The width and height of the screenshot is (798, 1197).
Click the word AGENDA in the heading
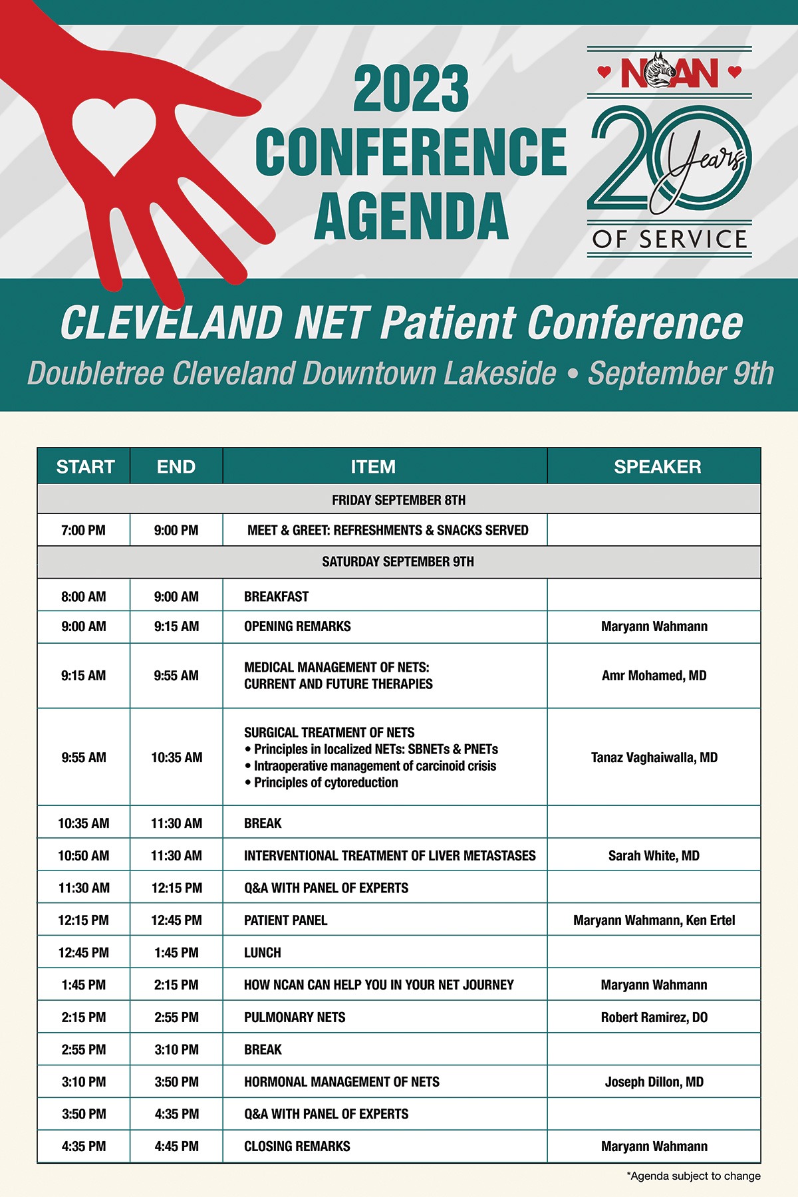coord(411,215)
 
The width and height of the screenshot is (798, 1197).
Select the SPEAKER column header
coord(657,467)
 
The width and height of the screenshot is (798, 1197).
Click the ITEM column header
coord(373,467)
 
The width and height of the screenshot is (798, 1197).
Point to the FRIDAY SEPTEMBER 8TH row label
coord(398,500)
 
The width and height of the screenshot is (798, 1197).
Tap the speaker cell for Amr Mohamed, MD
coord(654,676)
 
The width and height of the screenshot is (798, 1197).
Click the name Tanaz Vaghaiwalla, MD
coord(654,757)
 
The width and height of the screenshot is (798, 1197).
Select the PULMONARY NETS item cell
coord(295,1017)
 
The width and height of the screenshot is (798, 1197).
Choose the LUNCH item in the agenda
coord(263,952)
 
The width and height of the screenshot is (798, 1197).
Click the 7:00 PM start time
coord(83,531)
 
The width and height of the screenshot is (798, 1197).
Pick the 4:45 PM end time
coord(176,1146)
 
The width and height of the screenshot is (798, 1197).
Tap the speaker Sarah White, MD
coord(654,856)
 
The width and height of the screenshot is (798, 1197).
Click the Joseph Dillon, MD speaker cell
coord(654,1082)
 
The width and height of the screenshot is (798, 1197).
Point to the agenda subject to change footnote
coord(694,1176)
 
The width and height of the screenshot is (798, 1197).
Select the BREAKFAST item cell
coord(276,597)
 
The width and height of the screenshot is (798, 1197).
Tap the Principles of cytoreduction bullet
coord(325,783)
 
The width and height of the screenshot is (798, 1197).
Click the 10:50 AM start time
coord(83,856)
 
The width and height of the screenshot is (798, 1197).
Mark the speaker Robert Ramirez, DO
coord(654,1017)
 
